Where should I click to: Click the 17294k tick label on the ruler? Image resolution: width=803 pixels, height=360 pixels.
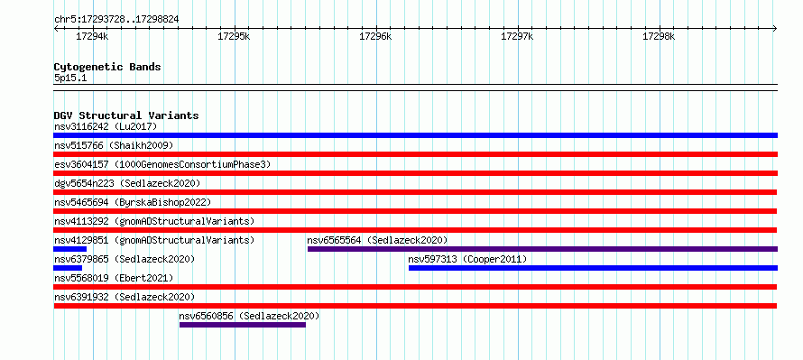coord(92,37)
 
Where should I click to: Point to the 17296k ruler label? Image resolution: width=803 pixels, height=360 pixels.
coord(375,37)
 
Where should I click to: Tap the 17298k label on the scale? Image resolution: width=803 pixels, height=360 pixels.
coord(659,37)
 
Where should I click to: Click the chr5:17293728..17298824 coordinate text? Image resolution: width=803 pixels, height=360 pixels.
coord(116,20)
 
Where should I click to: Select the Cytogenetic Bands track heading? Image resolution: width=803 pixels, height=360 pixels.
coord(107,67)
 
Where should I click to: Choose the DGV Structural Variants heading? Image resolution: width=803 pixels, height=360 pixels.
coord(126,115)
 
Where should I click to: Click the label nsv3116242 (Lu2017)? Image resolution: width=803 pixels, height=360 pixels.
coord(106,126)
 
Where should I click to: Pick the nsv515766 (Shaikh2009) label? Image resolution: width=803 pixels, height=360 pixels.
coord(114,145)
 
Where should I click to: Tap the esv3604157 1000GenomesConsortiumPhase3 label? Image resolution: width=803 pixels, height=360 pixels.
coord(162,164)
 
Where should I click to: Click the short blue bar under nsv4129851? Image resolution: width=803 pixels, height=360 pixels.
coord(70,249)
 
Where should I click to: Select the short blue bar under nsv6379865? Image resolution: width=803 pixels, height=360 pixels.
coord(68,268)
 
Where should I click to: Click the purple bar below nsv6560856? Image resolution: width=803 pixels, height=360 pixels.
coord(243,325)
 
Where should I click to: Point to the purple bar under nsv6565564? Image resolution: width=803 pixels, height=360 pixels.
coord(542,249)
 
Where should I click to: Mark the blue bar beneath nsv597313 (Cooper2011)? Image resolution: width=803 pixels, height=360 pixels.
coord(593,268)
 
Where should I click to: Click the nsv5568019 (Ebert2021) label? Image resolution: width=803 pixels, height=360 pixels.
coord(114,278)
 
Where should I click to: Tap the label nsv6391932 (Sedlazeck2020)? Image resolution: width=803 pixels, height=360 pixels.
coord(125,297)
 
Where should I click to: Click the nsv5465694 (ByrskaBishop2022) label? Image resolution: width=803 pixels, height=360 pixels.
coord(133,202)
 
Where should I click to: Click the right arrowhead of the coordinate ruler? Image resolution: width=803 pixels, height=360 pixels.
coord(776,28)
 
